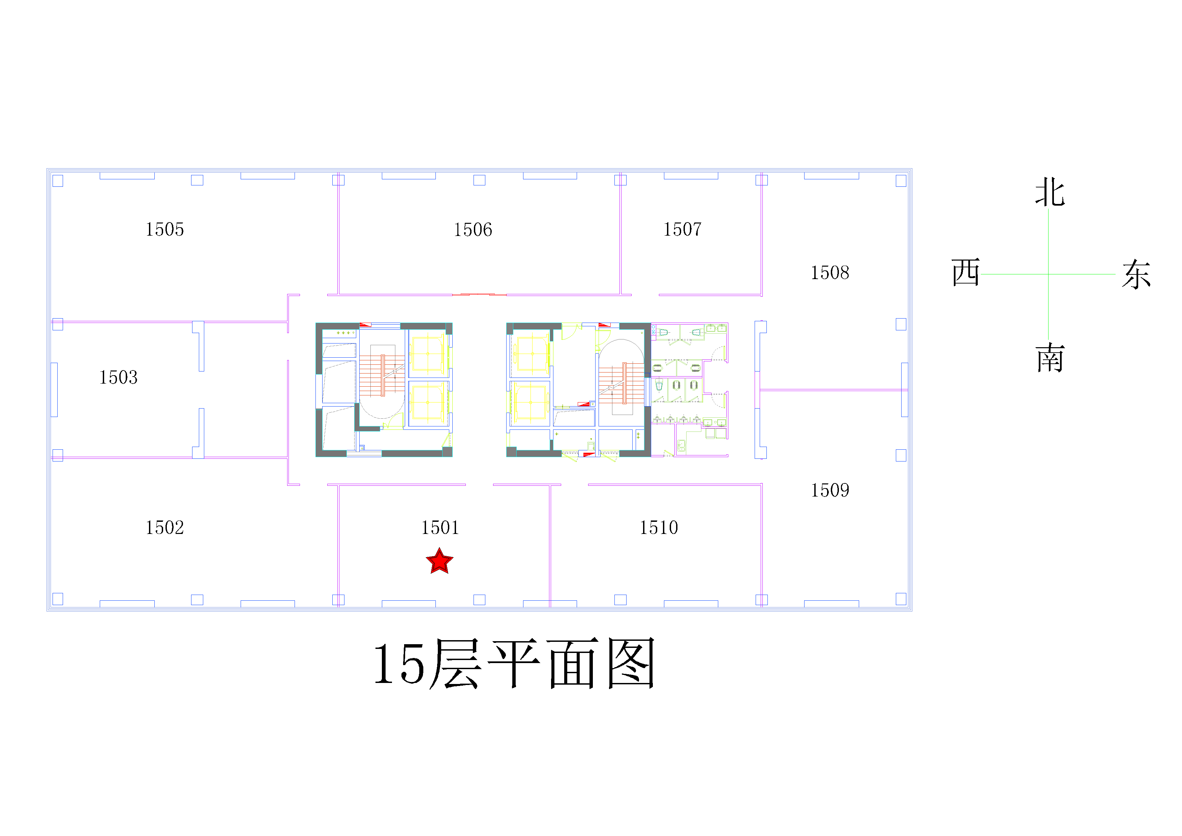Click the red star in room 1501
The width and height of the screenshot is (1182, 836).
(x=439, y=562)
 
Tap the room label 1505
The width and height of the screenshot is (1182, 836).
(x=165, y=230)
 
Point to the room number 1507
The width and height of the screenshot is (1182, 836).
(x=683, y=230)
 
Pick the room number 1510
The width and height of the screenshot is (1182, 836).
(x=659, y=528)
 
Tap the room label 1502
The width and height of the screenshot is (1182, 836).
(x=165, y=528)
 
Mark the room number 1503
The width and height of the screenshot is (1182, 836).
(x=118, y=377)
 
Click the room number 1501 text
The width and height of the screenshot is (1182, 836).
(x=440, y=528)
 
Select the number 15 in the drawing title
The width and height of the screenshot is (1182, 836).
(x=399, y=664)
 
